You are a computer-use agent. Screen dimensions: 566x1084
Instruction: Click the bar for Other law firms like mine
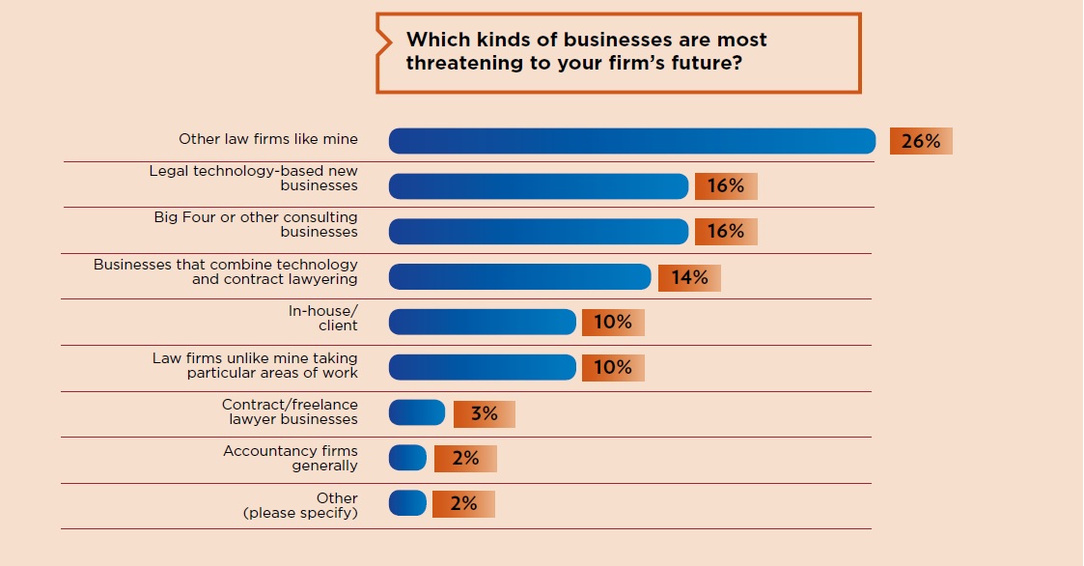pyautogui.click(x=631, y=141)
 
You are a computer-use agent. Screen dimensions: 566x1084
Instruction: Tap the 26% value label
pyautogui.click(x=921, y=141)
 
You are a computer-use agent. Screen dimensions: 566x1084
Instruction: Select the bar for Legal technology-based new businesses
pyautogui.click(x=538, y=186)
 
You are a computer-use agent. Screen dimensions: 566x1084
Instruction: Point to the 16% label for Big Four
pyautogui.click(x=726, y=232)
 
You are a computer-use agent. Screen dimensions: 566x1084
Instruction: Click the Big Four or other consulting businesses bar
pyautogui.click(x=538, y=232)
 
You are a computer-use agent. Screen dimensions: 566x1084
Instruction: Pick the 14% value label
pyautogui.click(x=689, y=278)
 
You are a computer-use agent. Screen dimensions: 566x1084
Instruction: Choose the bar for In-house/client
pyautogui.click(x=482, y=323)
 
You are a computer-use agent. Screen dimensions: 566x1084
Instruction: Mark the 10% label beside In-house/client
pyautogui.click(x=613, y=323)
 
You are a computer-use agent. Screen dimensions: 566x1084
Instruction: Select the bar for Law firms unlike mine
pyautogui.click(x=482, y=368)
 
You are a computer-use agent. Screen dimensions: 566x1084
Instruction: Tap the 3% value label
pyautogui.click(x=484, y=414)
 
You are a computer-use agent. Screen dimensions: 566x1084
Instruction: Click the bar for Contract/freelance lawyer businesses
pyautogui.click(x=417, y=413)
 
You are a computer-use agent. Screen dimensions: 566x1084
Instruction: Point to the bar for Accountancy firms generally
pyautogui.click(x=407, y=459)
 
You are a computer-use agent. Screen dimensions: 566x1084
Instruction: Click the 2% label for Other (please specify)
pyautogui.click(x=463, y=504)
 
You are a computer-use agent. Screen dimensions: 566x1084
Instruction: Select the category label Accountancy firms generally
pyautogui.click(x=291, y=459)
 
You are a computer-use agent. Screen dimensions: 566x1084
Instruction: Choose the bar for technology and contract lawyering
pyautogui.click(x=519, y=277)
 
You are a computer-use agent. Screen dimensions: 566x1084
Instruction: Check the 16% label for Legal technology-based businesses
pyautogui.click(x=726, y=186)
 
